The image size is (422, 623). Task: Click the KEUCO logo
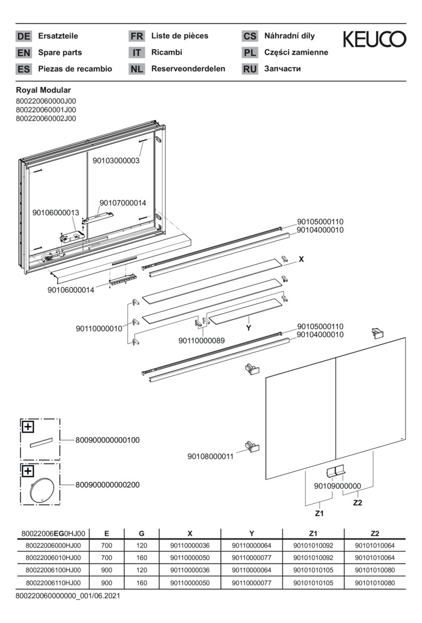374,39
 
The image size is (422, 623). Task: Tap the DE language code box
24,36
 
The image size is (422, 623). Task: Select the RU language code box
249,69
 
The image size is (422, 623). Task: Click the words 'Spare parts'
60,52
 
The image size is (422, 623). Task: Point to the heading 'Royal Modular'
43,90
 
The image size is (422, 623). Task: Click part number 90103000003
116,160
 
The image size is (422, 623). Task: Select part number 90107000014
122,203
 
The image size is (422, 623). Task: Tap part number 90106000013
56,213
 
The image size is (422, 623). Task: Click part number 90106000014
71,290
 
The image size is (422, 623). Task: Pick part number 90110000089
201,340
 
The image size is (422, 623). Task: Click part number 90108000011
210,457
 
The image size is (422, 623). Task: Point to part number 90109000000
337,486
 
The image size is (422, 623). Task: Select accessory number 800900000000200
100,485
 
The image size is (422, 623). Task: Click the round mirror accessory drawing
41,489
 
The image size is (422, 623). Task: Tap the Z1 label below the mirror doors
319,513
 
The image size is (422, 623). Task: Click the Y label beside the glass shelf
248,328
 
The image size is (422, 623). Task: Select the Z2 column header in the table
374,533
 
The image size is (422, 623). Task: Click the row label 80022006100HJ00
53,570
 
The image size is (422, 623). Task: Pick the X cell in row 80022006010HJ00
190,558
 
